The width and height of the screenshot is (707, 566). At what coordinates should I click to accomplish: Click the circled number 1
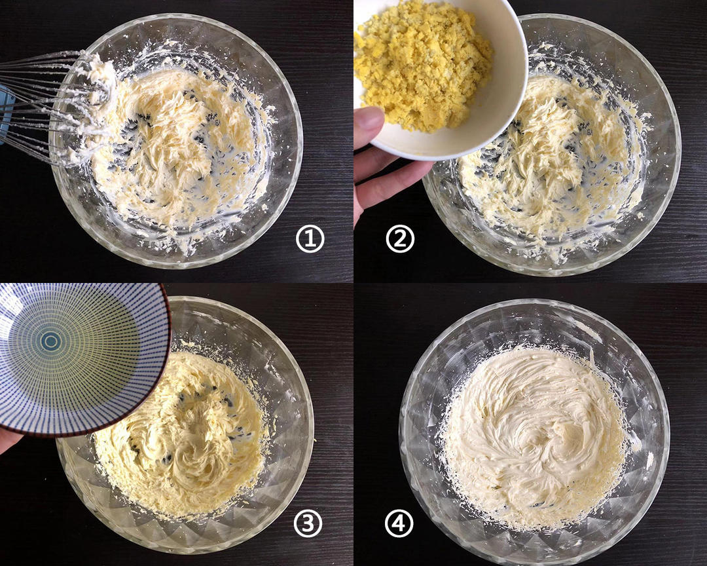[x=310, y=239]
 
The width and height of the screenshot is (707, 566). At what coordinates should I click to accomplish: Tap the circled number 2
[x=400, y=239]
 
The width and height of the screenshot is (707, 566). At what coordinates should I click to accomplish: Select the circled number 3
[x=308, y=523]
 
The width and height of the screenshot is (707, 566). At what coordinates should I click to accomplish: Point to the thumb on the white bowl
[x=369, y=127]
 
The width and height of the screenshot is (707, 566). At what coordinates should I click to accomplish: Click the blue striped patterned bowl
[x=81, y=359]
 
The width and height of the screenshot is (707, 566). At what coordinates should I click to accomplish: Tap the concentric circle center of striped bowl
[x=50, y=342]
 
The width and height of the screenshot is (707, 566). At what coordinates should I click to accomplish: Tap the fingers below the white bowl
[x=388, y=181]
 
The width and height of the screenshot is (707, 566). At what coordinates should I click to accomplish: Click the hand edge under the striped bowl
[x=9, y=440]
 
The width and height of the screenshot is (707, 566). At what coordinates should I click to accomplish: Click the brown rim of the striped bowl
[x=168, y=361]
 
